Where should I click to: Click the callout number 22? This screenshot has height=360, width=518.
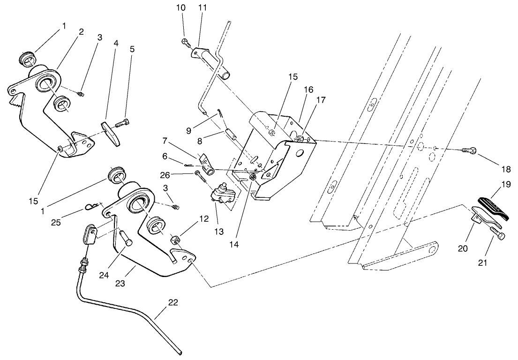pos(173,303)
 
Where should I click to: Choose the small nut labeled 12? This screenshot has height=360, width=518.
pos(176,241)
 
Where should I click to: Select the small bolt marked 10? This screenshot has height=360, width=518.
pos(184,42)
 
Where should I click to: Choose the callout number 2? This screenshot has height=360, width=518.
pos(81,32)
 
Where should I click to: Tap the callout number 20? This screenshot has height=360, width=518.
pos(463,249)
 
